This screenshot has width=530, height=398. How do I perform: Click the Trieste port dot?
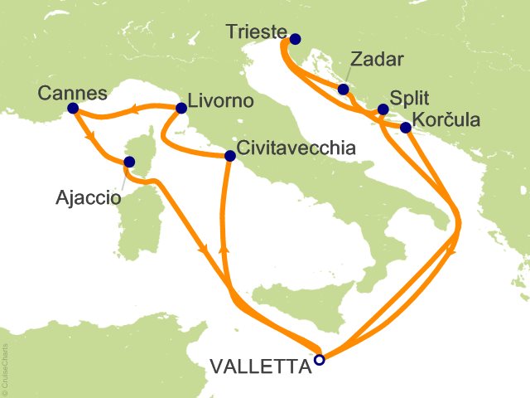point(296,38)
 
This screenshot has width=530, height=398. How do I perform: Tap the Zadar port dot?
point(343,90)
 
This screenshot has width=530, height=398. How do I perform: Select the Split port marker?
point(383,109)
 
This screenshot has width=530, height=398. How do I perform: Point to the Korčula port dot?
point(406,128)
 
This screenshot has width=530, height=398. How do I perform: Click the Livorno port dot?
point(181,108)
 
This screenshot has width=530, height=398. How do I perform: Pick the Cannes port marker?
point(72,108)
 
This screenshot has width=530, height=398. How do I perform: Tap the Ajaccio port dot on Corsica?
point(129,163)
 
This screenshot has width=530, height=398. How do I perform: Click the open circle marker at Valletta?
point(319,360)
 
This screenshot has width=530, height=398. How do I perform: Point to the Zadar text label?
point(376,61)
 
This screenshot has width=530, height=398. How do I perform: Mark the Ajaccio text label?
point(87,199)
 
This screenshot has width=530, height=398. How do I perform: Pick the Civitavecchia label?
point(296,149)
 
